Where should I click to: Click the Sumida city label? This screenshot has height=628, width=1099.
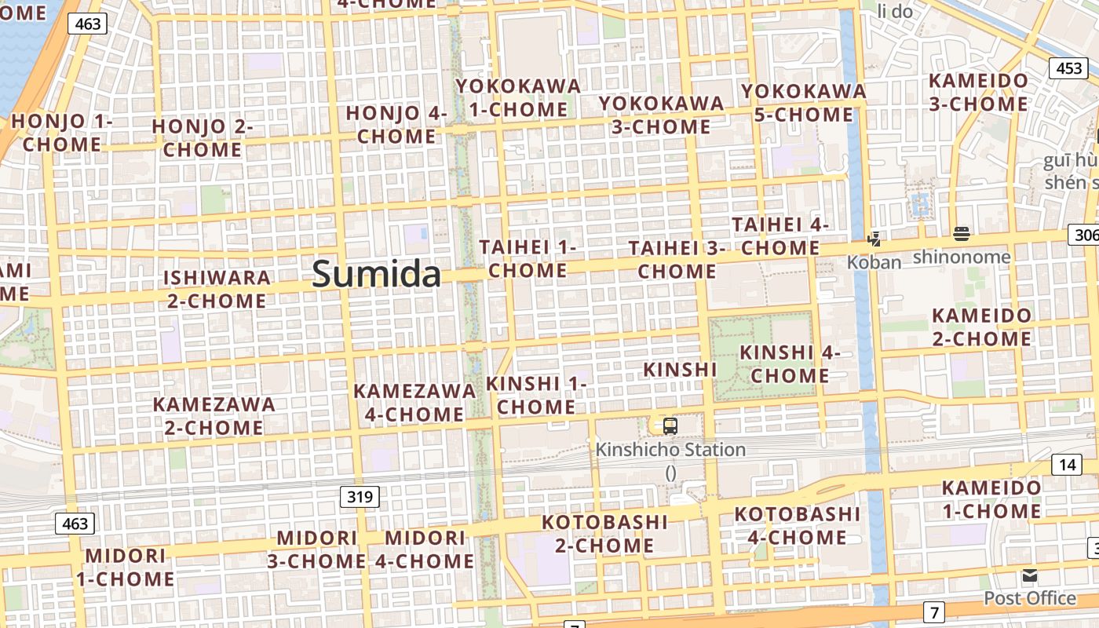(x=377, y=274)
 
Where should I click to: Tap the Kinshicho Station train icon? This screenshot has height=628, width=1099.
(x=670, y=426)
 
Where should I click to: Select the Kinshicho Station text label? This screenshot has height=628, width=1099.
(x=670, y=450)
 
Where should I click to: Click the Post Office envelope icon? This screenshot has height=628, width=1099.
(x=1030, y=576)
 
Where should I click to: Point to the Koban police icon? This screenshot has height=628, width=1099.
(x=874, y=239)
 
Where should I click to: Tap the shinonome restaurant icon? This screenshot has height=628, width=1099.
(x=962, y=233)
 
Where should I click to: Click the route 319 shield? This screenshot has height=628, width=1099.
(x=360, y=496)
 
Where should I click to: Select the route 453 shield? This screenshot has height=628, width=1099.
(x=1069, y=68)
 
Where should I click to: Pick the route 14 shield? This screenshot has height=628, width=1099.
(x=1067, y=465)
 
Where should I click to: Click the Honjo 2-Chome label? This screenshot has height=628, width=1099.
(x=203, y=137)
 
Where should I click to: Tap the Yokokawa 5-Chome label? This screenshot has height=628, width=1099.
(x=804, y=103)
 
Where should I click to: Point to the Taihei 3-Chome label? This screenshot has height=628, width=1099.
(x=676, y=260)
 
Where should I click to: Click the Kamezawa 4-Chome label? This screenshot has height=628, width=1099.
(x=414, y=402)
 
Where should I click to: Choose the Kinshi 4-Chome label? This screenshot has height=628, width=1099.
(x=790, y=364)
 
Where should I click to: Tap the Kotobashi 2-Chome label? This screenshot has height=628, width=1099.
(x=604, y=534)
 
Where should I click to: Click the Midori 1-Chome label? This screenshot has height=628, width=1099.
(x=126, y=568)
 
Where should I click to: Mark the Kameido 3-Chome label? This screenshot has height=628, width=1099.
(x=978, y=92)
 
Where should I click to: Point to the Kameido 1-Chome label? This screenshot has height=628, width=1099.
(x=991, y=499)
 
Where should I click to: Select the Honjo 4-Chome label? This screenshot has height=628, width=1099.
(x=396, y=124)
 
